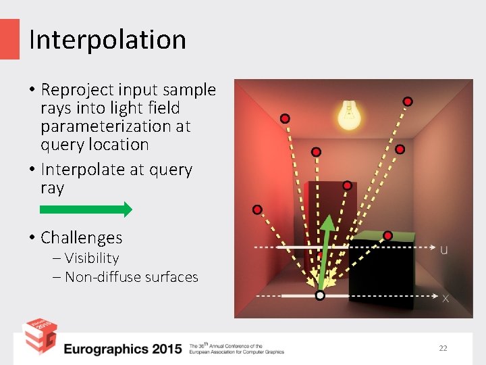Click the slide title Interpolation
107,40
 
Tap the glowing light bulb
348,115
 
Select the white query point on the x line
320,295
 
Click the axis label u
443,250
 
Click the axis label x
446,298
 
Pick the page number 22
443,348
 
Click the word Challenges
81,238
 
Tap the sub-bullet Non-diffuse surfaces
131,276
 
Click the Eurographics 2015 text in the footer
123,349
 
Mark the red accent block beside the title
9,39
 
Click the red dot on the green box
387,235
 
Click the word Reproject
78,90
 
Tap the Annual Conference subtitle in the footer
236,349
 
